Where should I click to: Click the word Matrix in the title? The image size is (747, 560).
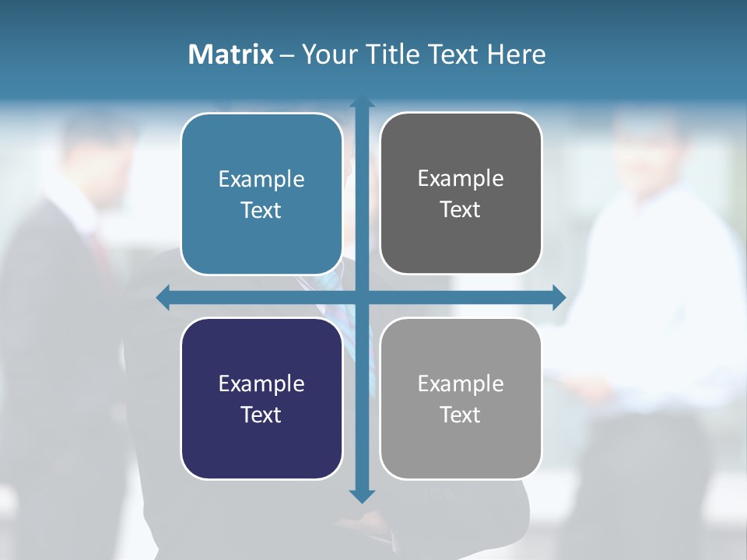click(230, 54)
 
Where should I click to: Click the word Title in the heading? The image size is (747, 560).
click(390, 54)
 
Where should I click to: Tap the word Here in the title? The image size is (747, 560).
click(516, 54)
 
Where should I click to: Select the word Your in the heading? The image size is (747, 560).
click(328, 54)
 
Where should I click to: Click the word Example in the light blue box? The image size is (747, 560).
click(261, 180)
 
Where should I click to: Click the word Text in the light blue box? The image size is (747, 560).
click(261, 210)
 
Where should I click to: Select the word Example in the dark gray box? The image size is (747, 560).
click(461, 179)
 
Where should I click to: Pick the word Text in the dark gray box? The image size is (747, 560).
click(461, 209)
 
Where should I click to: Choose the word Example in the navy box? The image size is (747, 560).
click(261, 384)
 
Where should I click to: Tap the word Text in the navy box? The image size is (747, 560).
click(261, 415)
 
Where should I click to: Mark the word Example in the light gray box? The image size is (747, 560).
click(461, 384)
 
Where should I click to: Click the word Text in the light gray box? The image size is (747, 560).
click(461, 415)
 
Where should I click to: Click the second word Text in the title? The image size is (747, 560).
click(451, 54)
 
